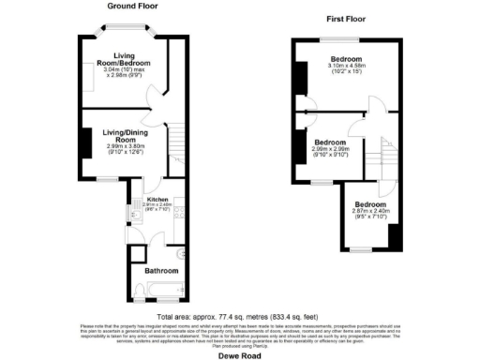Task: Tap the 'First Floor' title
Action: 346,18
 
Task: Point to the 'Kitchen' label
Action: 157,199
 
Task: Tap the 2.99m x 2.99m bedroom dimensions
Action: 337,152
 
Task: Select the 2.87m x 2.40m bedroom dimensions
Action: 369,215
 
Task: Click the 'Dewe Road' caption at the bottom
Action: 239,354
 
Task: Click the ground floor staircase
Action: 173,143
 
